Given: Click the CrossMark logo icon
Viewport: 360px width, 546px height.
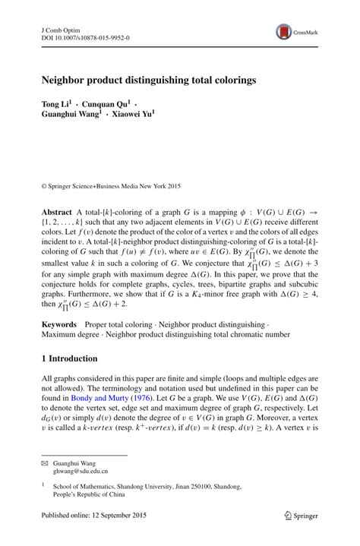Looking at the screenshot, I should (284, 31).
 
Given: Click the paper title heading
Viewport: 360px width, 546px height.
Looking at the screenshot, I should (148, 78).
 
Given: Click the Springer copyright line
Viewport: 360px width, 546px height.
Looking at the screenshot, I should (112, 185).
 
